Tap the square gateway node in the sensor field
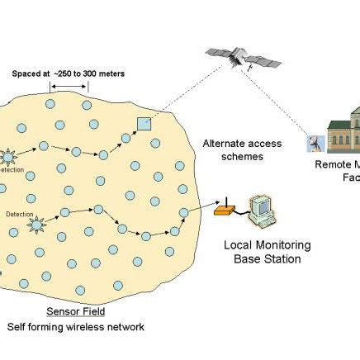coord(144,124)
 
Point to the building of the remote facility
coord(343,132)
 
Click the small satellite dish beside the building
coord(315,144)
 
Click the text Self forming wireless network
coord(76,327)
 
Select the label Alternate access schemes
coord(242,149)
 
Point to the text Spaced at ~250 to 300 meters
coord(69,73)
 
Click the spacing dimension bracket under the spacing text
coord(69,87)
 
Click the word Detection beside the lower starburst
coord(20,214)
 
